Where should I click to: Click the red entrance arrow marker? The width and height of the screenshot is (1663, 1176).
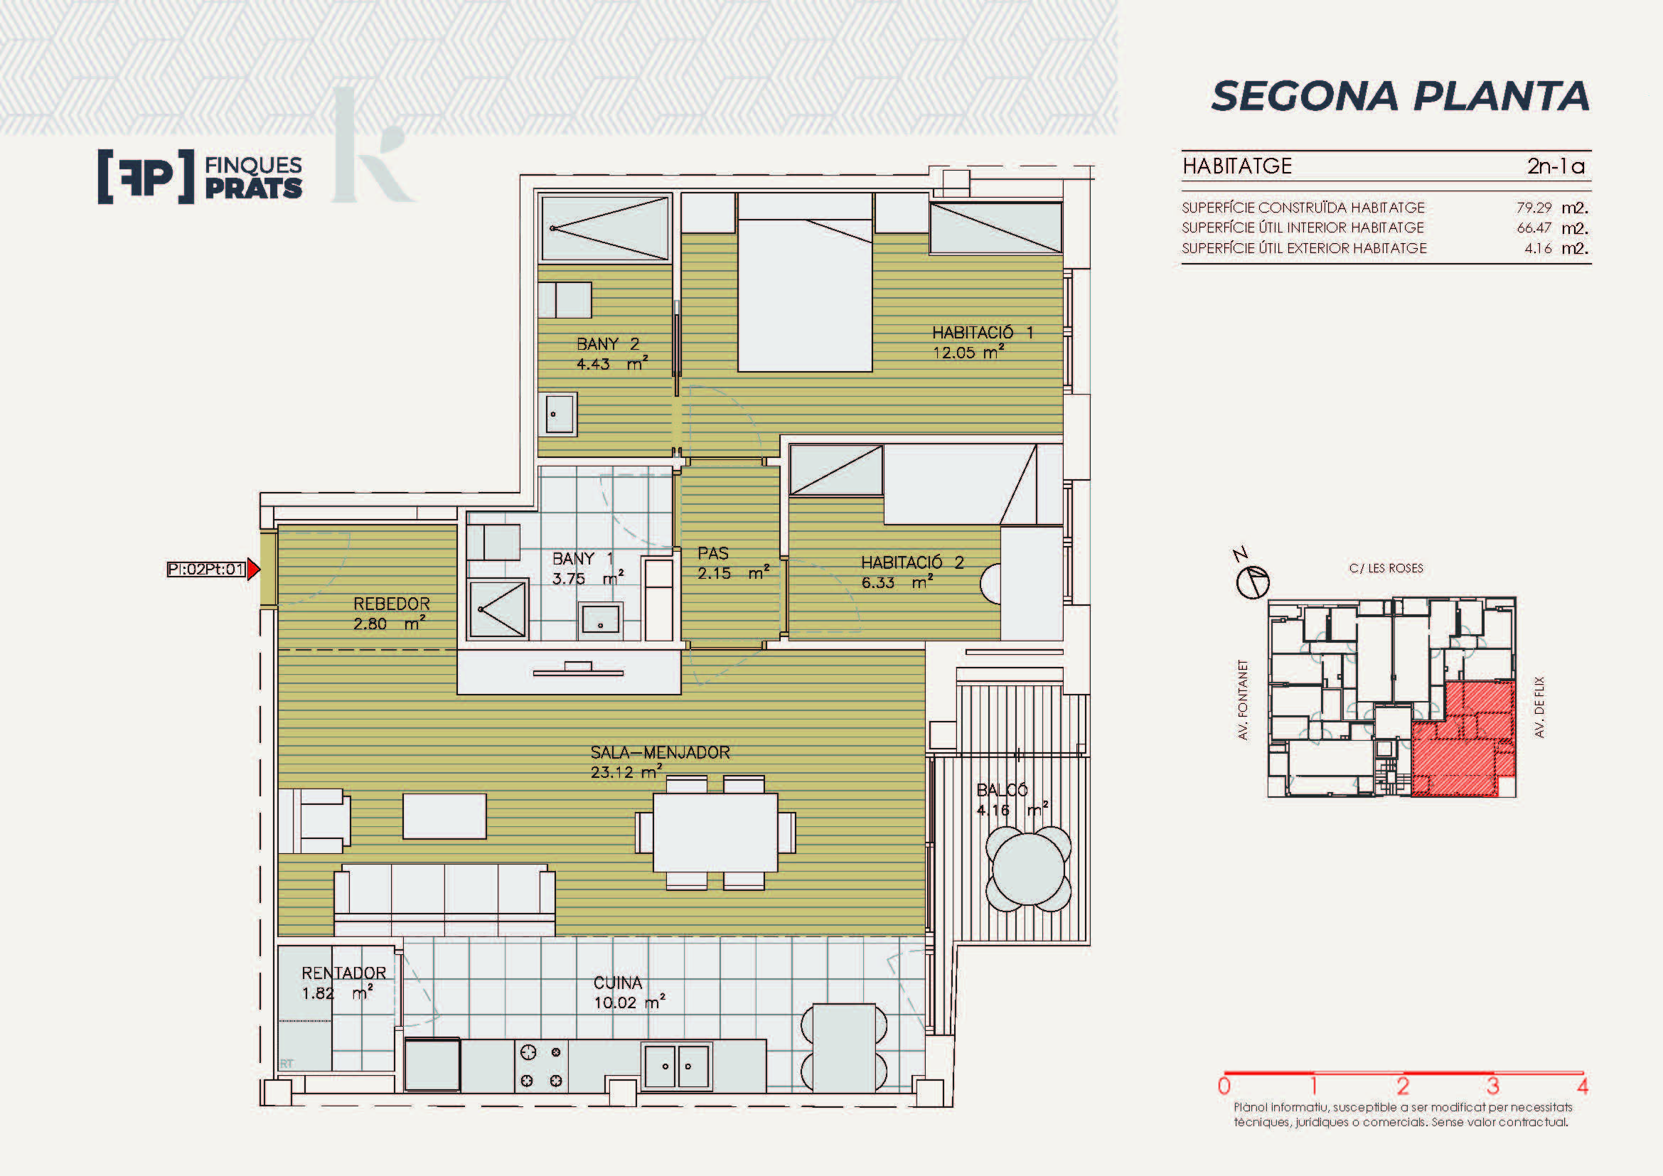(253, 570)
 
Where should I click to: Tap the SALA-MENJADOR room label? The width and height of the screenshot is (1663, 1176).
(660, 752)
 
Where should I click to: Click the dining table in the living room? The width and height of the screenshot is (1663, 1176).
(715, 833)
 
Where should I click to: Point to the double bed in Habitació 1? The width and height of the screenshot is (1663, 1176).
(805, 282)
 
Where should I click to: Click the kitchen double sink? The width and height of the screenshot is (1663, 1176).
(676, 1065)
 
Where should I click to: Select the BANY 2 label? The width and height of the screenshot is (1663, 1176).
(608, 343)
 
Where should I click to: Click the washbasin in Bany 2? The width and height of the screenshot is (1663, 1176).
(558, 415)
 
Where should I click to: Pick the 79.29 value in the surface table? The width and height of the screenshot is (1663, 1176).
(1534, 207)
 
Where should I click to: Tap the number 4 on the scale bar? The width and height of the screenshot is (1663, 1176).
(1583, 1086)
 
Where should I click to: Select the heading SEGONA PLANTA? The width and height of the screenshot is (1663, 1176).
(1400, 95)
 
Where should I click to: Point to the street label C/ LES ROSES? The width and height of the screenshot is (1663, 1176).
(1386, 569)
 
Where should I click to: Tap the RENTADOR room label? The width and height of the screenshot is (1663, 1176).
(344, 973)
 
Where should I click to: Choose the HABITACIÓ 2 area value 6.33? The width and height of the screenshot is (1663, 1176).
(878, 582)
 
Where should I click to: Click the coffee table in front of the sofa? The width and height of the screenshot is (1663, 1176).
(444, 816)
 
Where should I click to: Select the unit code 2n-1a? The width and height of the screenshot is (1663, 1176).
(1556, 166)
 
